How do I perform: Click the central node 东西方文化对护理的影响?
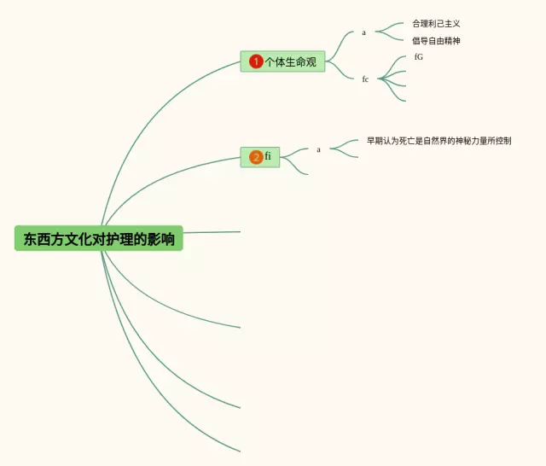(x=99, y=239)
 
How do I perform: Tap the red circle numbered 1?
(x=256, y=61)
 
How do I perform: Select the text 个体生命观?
(x=290, y=61)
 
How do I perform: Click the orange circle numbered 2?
(x=256, y=157)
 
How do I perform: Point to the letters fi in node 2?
(x=268, y=156)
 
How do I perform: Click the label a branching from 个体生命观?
(x=363, y=32)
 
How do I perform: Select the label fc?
(x=365, y=79)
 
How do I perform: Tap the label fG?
(x=418, y=57)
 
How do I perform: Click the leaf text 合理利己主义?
(x=436, y=24)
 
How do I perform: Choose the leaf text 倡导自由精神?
(x=436, y=41)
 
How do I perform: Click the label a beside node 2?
(x=319, y=149)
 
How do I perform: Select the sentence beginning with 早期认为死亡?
(x=439, y=141)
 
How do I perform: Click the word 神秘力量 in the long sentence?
(x=472, y=141)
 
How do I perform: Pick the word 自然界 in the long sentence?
(x=436, y=141)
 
